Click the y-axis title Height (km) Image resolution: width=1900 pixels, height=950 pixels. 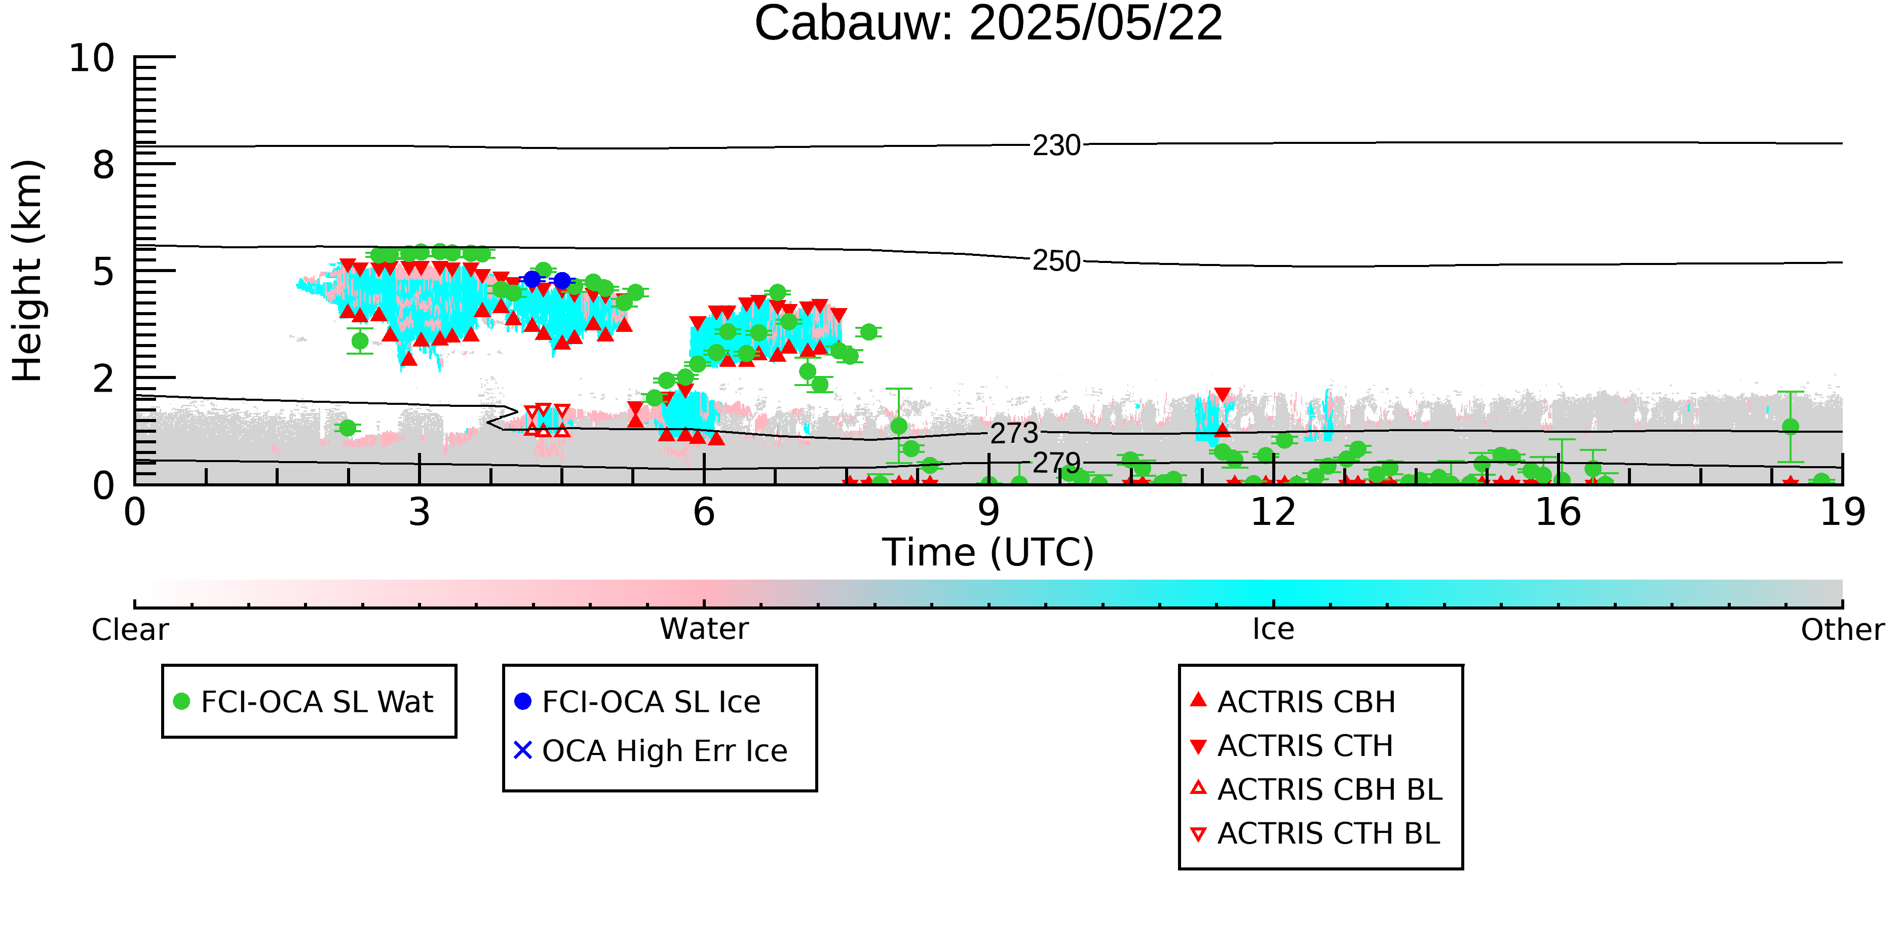(x=28, y=271)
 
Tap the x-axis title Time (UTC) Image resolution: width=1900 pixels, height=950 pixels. (x=987, y=552)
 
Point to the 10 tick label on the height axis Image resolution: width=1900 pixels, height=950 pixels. (x=92, y=58)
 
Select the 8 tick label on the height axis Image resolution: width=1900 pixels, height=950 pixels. (x=104, y=165)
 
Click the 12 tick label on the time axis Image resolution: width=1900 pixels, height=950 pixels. (x=1273, y=512)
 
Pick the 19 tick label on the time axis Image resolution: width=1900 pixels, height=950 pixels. (x=1842, y=512)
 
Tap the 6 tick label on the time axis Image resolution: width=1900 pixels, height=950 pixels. (x=704, y=512)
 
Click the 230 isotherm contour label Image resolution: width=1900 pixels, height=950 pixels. (x=1056, y=146)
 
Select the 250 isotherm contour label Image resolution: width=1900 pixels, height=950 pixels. (x=1056, y=261)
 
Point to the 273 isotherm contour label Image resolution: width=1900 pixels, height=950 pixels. (x=1014, y=434)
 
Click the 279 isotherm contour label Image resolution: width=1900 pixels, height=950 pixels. (x=1056, y=463)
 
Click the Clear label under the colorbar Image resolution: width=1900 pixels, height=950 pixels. (x=130, y=630)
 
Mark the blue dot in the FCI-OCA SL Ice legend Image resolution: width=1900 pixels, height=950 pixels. (x=523, y=701)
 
